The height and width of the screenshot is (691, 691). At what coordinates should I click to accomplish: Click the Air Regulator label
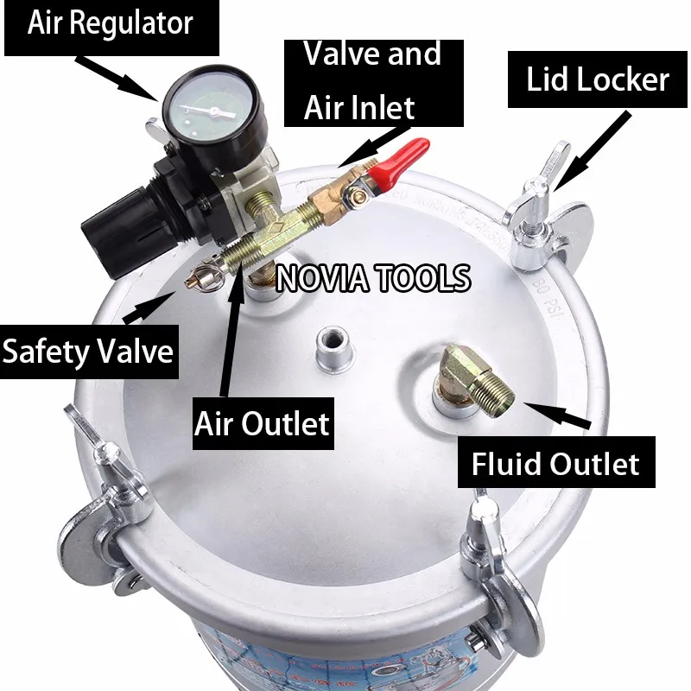(x=110, y=23)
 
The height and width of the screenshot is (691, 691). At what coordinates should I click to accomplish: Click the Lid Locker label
(x=598, y=80)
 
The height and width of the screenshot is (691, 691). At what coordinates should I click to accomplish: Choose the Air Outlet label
(x=262, y=423)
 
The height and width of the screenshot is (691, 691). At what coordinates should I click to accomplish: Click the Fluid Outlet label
(x=555, y=464)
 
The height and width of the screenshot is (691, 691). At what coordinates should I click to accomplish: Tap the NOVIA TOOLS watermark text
(x=373, y=278)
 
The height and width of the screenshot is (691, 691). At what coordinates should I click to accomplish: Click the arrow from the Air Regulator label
(x=117, y=73)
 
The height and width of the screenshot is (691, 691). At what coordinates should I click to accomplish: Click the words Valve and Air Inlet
(x=372, y=80)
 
